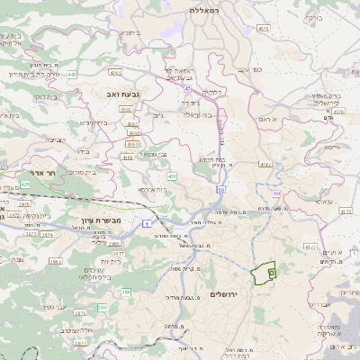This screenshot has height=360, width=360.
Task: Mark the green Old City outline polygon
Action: point(265,274)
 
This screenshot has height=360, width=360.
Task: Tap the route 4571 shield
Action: point(264,30)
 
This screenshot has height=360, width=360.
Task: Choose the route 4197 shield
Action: point(266,164)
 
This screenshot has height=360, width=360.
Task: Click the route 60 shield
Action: point(276,193)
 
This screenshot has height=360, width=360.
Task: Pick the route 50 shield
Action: point(220,190)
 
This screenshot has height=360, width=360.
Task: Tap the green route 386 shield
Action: point(127,292)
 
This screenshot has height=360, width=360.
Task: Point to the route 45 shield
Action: point(186,88)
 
